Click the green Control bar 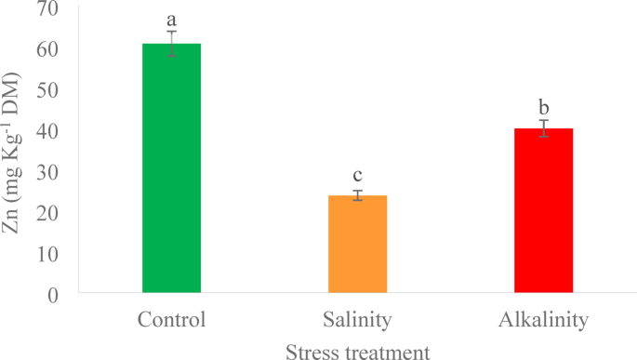(x=171, y=167)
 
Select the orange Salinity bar (x=357, y=245)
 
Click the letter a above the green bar (x=171, y=19)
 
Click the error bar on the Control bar (x=171, y=44)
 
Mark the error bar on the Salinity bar (x=357, y=195)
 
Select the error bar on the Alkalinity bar (x=544, y=128)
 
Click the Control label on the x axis (x=171, y=321)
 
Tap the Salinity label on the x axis (x=357, y=321)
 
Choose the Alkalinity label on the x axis (x=544, y=321)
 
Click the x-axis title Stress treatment (x=358, y=350)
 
